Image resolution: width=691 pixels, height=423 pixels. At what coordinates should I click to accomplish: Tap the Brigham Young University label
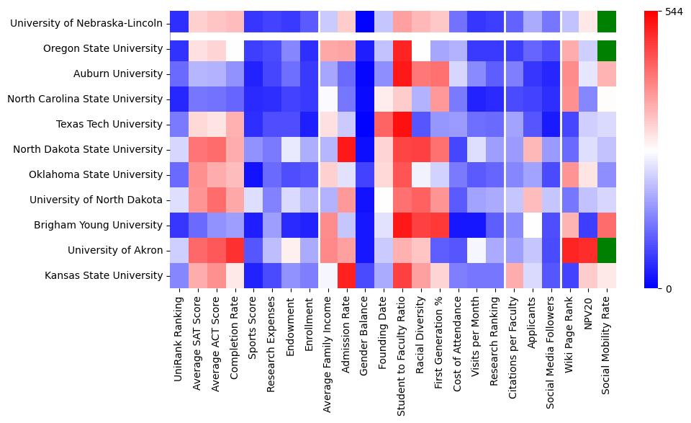point(98,225)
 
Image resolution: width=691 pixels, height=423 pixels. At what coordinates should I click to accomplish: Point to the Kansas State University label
point(104,275)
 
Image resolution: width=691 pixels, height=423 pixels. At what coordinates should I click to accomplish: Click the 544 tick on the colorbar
point(673,12)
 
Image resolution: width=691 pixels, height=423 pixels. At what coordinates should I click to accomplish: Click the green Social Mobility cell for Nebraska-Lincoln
point(607,23)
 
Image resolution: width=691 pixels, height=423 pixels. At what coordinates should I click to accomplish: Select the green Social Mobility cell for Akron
point(607,250)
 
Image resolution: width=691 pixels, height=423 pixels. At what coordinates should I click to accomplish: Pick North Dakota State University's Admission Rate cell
point(347,149)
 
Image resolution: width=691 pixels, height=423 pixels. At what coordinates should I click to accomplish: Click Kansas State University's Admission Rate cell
point(347,275)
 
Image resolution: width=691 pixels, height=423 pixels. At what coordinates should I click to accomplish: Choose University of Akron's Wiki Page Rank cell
point(570,250)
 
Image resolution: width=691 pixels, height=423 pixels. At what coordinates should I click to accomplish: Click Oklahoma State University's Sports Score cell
point(253,174)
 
